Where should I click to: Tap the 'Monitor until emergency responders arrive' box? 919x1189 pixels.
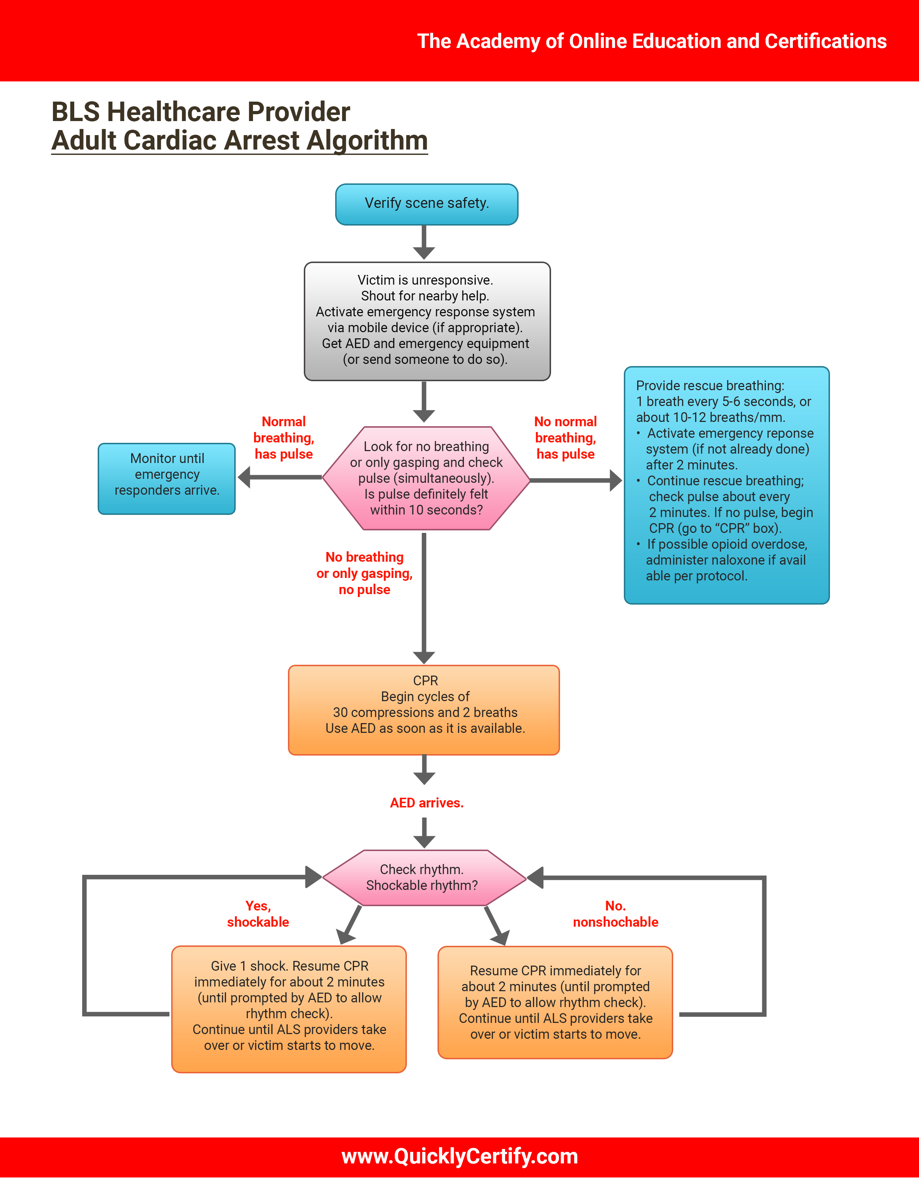tap(167, 478)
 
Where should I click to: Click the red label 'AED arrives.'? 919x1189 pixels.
tap(426, 803)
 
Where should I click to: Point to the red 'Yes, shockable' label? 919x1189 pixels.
tap(258, 914)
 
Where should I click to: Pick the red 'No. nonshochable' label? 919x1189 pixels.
tap(615, 914)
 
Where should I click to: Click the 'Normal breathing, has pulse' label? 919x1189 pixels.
tap(283, 438)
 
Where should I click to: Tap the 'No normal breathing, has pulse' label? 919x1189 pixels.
tap(565, 438)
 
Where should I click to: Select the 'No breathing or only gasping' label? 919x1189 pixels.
tap(364, 573)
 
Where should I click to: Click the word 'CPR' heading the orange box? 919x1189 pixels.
tap(425, 681)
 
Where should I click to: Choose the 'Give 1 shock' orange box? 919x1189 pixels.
tap(289, 1009)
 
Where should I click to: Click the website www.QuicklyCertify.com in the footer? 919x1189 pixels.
tap(459, 1156)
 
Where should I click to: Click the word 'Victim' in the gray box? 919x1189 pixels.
tap(374, 280)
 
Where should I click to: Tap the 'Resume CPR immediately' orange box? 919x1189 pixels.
tap(555, 1002)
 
